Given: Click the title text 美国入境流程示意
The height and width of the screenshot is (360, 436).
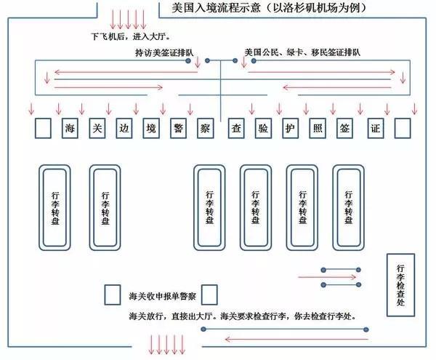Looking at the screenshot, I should [x=225, y=9].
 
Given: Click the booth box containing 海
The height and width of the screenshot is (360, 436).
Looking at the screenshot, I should [x=70, y=129].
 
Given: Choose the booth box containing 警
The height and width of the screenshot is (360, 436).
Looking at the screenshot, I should [x=178, y=129].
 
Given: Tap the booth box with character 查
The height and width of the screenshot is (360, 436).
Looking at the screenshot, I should [x=234, y=129].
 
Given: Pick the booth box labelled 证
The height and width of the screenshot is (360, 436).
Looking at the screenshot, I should [x=375, y=129].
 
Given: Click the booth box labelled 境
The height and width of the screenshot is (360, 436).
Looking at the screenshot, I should [x=150, y=129].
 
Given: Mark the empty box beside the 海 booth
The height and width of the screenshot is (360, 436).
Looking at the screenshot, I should [x=43, y=129].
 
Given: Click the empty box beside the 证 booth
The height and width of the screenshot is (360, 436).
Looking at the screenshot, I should [x=402, y=129].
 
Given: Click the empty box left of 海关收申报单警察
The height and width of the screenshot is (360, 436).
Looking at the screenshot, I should [x=113, y=294].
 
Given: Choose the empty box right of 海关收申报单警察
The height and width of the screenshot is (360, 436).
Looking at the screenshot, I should [x=209, y=294].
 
